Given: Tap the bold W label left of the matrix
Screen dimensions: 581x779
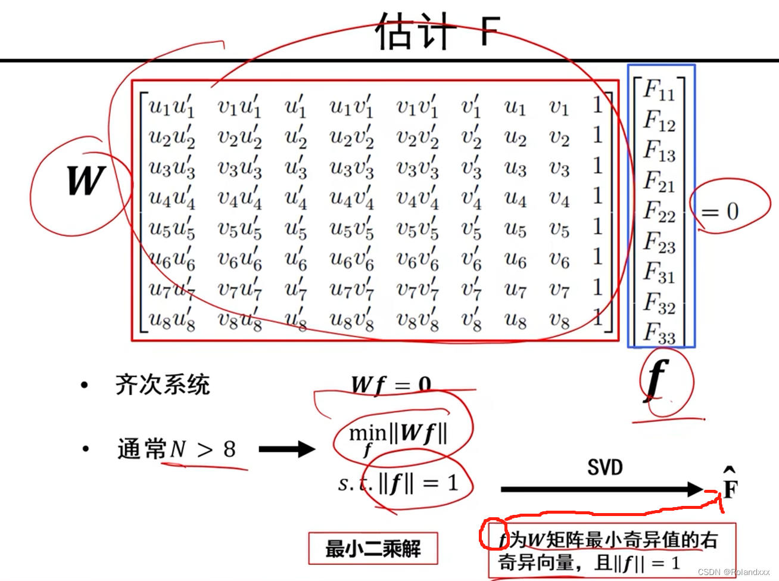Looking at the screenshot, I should tap(86, 181).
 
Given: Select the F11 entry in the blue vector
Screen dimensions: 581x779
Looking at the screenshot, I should tap(659, 91).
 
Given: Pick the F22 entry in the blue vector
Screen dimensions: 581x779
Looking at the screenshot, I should tap(659, 212).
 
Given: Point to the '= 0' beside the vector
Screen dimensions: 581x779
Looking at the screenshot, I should tap(719, 212).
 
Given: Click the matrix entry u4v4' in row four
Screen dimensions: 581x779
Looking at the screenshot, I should tap(351, 198).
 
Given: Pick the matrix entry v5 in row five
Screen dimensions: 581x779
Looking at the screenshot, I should tap(559, 229).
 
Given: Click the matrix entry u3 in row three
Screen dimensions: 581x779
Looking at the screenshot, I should tap(515, 168).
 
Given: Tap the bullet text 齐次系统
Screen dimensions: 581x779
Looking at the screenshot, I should tap(162, 384).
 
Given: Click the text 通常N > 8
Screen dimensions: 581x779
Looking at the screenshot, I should tap(176, 449).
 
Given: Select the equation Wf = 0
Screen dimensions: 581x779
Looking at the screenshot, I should tap(391, 385).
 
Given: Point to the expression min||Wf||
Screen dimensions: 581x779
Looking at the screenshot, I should tap(398, 435).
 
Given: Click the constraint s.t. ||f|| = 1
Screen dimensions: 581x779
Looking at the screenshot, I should tap(398, 483).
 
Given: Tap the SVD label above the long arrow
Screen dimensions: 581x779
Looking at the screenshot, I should tap(604, 468).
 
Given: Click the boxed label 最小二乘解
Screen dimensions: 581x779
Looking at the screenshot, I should tap(373, 548).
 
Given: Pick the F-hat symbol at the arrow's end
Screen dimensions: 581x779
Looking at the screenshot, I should tap(730, 484).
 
